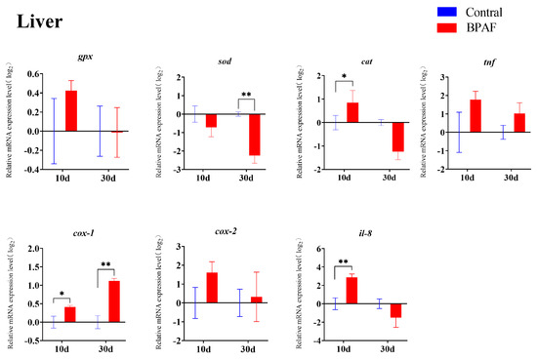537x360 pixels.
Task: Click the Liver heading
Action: tap(39, 22)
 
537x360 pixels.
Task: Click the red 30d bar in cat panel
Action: tap(370, 137)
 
